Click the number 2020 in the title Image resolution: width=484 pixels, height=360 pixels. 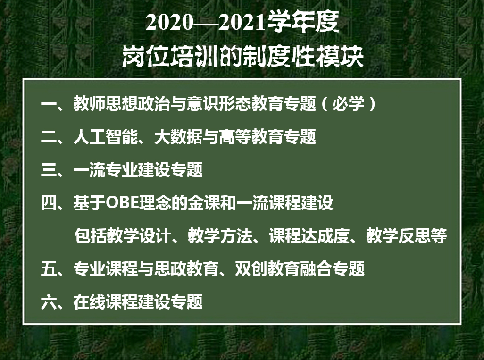(x=169, y=23)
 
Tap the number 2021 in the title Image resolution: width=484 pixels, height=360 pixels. (x=242, y=23)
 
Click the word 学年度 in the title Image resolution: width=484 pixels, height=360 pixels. (x=303, y=22)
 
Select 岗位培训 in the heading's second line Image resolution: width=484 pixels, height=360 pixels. (x=170, y=57)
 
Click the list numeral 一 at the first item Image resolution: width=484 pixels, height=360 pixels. (x=49, y=104)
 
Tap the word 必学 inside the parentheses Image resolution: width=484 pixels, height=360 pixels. (x=348, y=103)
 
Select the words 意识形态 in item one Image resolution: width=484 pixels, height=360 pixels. (x=218, y=103)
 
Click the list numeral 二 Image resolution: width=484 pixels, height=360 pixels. (x=49, y=137)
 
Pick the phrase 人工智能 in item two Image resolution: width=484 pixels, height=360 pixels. (x=106, y=137)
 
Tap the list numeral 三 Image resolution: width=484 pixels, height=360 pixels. (x=49, y=170)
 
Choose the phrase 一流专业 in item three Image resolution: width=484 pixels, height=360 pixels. (x=106, y=170)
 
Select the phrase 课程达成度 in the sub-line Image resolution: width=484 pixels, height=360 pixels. (x=309, y=236)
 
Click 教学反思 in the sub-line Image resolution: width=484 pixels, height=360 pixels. (x=398, y=236)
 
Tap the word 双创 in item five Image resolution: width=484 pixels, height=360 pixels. (x=251, y=269)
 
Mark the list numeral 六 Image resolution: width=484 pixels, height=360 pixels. (x=49, y=302)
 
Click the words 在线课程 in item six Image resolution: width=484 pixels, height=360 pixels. (x=106, y=302)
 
